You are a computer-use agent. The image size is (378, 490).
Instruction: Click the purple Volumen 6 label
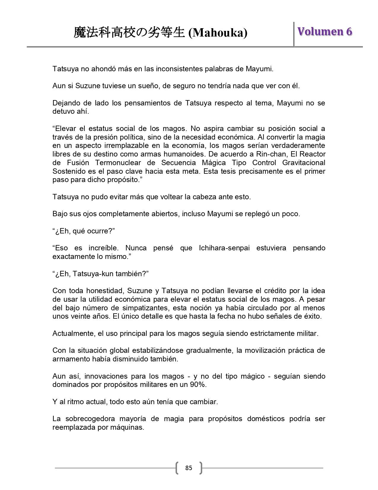[x=325, y=31]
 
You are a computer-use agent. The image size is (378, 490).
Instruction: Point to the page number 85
[x=189, y=468]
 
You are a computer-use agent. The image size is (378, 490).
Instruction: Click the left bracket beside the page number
[x=177, y=468]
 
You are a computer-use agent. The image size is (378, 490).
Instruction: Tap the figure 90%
[x=198, y=385]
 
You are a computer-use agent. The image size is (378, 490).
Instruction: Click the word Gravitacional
[x=304, y=163]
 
